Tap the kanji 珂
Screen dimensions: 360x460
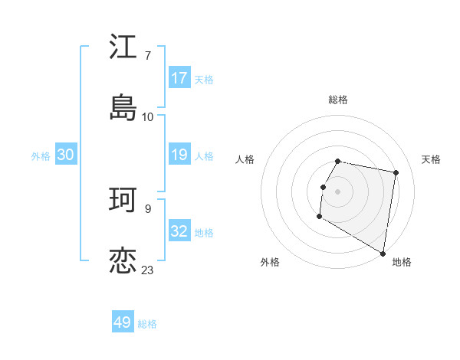tap(123, 201)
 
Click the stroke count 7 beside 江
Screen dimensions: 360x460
tap(147, 56)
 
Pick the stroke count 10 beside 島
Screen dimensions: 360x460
tap(148, 117)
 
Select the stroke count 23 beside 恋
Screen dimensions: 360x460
tap(148, 270)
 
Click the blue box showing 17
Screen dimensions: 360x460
tap(179, 78)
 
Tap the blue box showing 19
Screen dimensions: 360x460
tap(179, 155)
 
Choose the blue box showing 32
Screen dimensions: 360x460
tap(179, 231)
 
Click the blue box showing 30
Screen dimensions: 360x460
tap(66, 155)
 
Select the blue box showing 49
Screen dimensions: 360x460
tap(123, 322)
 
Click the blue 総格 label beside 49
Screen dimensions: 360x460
tap(147, 324)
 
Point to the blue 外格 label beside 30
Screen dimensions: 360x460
tap(41, 155)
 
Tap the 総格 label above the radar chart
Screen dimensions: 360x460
tap(338, 100)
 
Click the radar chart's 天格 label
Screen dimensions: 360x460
tap(431, 159)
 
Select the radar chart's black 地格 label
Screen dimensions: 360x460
tap(402, 262)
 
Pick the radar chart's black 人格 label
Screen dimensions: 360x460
tap(245, 159)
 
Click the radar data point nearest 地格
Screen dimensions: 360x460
tap(383, 254)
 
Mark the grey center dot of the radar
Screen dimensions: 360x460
tap(338, 190)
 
